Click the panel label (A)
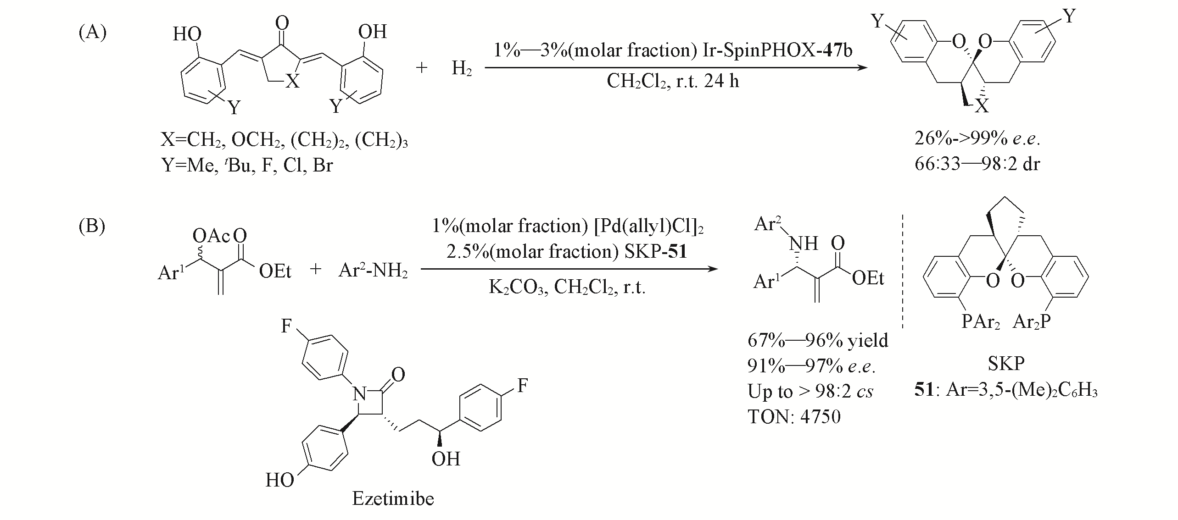(x=93, y=33)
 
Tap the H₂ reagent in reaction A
(x=462, y=69)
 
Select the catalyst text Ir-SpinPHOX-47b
(x=777, y=50)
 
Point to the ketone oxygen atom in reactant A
(x=283, y=22)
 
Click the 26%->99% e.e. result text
(x=977, y=138)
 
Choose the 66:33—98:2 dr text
(x=977, y=164)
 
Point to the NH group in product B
(x=804, y=243)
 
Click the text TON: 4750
(x=794, y=416)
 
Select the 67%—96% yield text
(x=818, y=340)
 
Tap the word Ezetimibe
(x=393, y=498)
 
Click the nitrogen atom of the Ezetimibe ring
(x=359, y=393)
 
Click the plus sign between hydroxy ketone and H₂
(x=421, y=68)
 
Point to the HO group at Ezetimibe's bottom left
(x=280, y=480)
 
